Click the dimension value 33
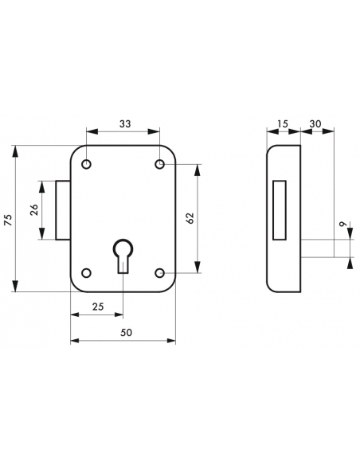pos(123,123)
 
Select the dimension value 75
pos(9,220)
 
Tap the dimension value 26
pos(33,210)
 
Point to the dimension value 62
pos(190,219)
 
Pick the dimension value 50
pos(126,332)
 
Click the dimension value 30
pos(315,123)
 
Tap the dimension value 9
pos(342,227)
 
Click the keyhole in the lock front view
pos(123,253)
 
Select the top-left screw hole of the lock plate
pos(87,165)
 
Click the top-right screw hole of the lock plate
pos(159,165)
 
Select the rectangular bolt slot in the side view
pos(279,210)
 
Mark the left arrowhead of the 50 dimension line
pos(73,342)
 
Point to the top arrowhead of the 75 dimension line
pos(17,149)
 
